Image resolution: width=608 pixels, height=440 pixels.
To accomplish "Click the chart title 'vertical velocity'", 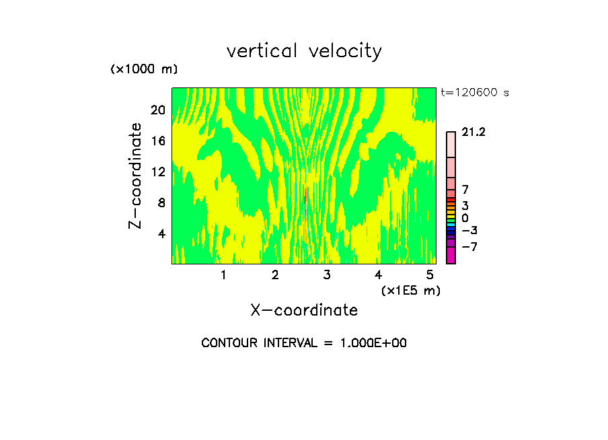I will click(304, 51).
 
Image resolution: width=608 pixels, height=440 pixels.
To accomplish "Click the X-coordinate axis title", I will click(304, 310).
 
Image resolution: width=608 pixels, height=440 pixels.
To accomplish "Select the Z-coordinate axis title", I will click(136, 176).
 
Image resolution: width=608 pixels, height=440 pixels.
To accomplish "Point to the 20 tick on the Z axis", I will click(157, 110).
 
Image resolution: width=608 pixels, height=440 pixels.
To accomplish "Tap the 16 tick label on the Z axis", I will click(157, 141).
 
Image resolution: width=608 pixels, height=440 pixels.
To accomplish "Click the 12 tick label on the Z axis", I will click(157, 172).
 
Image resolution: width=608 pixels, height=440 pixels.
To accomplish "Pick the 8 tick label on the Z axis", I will click(160, 203).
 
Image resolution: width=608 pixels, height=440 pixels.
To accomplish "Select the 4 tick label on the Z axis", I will click(160, 233).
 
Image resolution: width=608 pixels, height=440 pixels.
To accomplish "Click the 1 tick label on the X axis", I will click(223, 275).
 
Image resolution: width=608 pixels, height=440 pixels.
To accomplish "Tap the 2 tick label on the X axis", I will click(275, 275).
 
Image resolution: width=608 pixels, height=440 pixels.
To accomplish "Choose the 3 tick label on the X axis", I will click(327, 275).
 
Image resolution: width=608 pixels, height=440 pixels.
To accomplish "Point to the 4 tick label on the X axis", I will click(379, 275).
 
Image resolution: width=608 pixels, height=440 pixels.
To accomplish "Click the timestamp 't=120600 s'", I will click(475, 93).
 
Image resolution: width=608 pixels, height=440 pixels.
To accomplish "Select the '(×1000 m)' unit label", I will click(144, 70).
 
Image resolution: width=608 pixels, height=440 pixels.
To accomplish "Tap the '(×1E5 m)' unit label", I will click(410, 291).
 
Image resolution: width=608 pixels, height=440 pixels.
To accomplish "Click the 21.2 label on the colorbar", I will click(473, 133).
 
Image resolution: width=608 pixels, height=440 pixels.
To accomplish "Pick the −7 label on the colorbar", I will click(469, 247).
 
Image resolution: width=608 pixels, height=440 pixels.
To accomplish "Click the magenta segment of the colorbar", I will click(451, 256).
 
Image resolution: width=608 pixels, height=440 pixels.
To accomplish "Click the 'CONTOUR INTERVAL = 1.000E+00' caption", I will click(304, 343).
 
